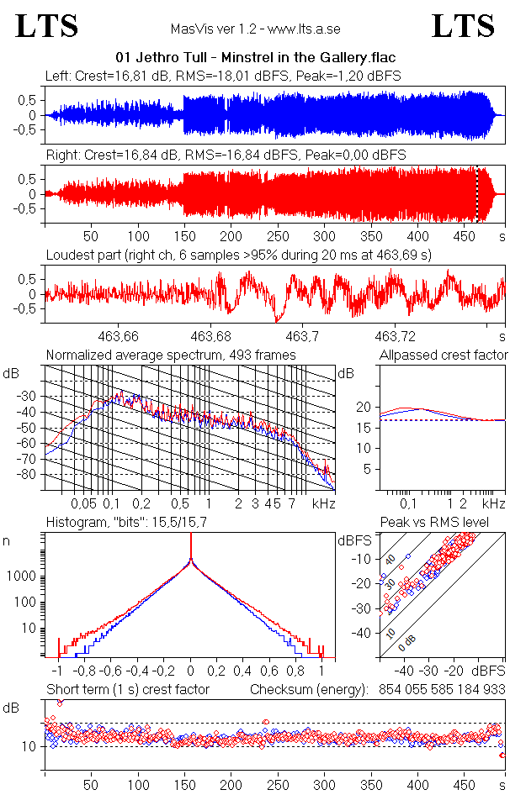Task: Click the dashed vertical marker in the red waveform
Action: point(476,193)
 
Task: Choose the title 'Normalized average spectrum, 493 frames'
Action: point(171,355)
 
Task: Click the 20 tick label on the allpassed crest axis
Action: point(364,408)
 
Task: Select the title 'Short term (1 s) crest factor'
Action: point(128,689)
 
